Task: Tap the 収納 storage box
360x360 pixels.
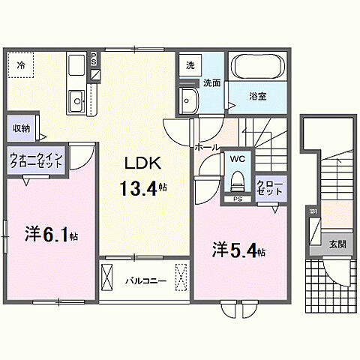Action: (22, 127)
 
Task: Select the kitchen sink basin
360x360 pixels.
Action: (76, 100)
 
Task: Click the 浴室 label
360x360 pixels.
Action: (257, 96)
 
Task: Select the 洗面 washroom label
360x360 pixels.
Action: (211, 83)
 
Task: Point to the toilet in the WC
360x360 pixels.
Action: (238, 180)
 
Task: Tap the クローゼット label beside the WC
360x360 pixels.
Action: (269, 187)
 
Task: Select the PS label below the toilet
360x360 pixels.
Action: (238, 199)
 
